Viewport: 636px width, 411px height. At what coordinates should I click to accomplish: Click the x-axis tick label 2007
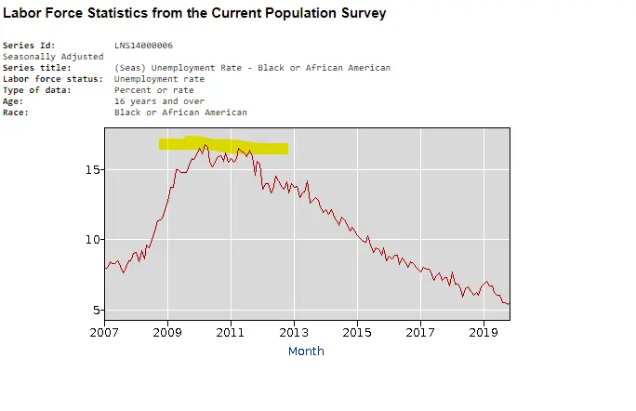104,332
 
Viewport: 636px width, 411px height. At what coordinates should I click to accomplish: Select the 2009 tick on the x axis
167,332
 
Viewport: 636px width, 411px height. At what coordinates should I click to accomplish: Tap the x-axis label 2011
231,332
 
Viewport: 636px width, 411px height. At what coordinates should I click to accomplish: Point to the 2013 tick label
294,332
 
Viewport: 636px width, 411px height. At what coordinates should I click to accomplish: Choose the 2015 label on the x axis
357,332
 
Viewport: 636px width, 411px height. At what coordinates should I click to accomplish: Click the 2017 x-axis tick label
420,332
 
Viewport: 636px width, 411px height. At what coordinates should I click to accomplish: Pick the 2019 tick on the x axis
484,332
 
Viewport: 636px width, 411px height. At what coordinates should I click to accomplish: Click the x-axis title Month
306,351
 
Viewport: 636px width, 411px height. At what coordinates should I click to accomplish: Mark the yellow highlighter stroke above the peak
223,145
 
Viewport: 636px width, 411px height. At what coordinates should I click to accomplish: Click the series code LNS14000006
143,46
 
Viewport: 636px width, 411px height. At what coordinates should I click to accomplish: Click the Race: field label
16,113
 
